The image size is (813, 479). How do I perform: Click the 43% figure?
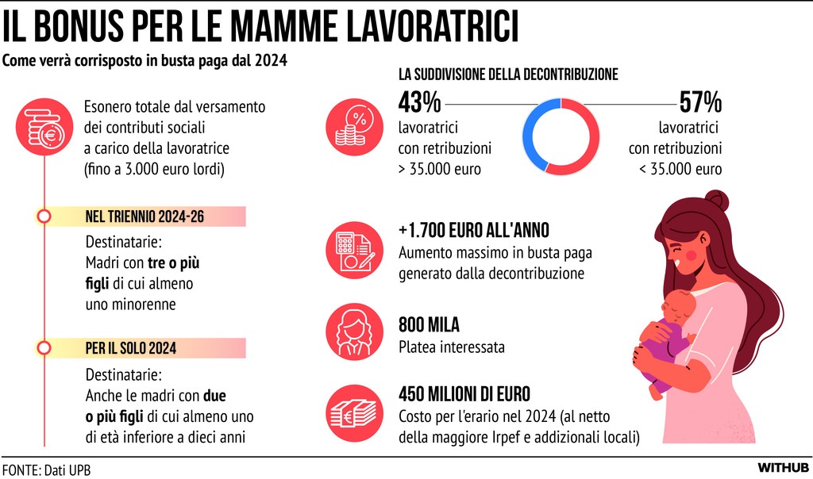point(419,102)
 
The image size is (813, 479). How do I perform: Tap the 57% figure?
point(700,102)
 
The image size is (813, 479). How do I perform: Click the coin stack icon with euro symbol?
point(44,127)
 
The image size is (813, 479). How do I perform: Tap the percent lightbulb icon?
point(354,127)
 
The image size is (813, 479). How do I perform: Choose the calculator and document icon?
point(354,250)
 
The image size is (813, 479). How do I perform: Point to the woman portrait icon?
point(354,332)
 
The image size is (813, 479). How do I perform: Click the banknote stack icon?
point(354,412)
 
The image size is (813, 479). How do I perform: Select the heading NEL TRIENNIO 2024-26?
point(144,217)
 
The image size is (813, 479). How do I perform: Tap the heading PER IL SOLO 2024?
point(131,348)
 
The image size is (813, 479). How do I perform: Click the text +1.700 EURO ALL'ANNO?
point(474,231)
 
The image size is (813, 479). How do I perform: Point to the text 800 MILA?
point(429,324)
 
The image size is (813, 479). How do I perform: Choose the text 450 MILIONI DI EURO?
point(464,394)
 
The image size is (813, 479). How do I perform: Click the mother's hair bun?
point(717,200)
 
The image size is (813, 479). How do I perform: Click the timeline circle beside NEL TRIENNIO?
point(44,217)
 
